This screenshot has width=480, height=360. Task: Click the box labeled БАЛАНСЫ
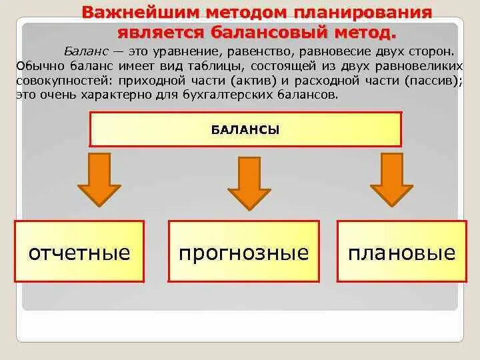[x=245, y=129]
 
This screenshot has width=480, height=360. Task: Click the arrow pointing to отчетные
[x=99, y=179]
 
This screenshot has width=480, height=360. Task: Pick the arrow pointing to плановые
[x=392, y=179]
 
